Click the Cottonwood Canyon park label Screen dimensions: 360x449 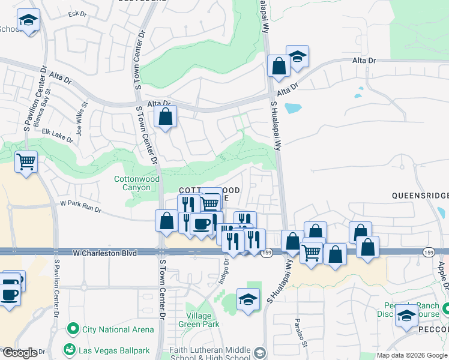(x=137, y=184)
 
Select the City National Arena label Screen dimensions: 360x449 (x=118, y=329)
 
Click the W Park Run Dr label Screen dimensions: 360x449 (x=81, y=207)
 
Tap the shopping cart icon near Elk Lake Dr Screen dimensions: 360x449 (x=26, y=160)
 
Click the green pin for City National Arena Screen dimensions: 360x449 (x=73, y=329)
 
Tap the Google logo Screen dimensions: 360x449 (x=19, y=353)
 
